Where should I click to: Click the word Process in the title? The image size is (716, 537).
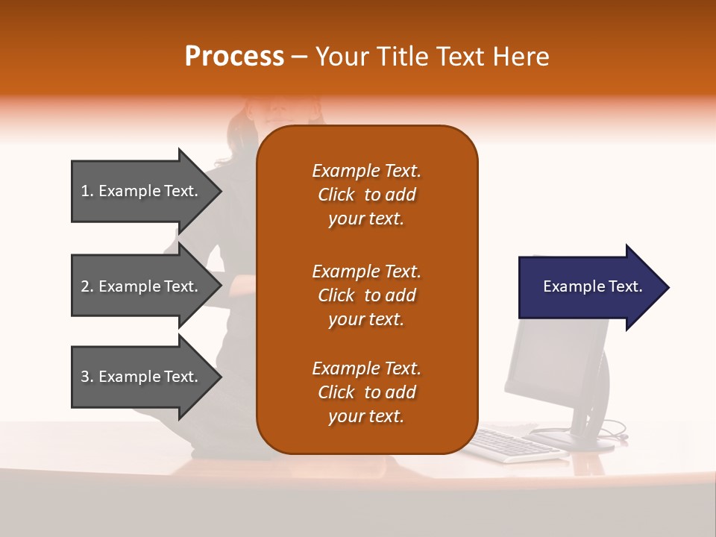(x=234, y=57)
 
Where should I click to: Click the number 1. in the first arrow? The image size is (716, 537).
(x=87, y=191)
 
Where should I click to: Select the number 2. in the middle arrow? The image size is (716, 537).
(x=87, y=286)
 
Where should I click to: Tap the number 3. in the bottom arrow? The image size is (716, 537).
(x=87, y=377)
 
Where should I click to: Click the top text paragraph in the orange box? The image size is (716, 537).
(x=366, y=195)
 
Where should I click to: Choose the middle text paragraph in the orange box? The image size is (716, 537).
(x=366, y=295)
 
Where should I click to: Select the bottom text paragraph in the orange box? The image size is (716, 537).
(x=366, y=392)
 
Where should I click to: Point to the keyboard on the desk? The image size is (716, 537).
(x=515, y=445)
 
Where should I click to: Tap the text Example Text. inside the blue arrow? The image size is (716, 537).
(x=592, y=286)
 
